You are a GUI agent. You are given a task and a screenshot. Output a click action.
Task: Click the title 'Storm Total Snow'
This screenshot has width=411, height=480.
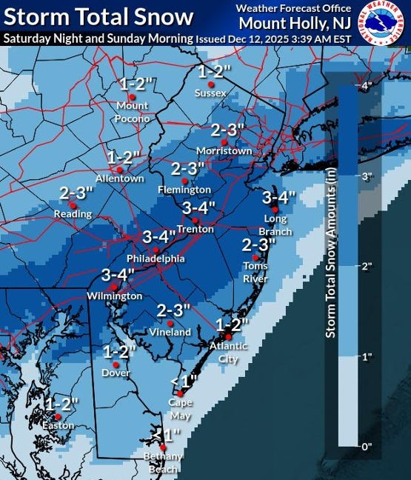coord(98,17)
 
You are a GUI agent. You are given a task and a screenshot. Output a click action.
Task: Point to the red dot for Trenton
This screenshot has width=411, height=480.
coord(195,220)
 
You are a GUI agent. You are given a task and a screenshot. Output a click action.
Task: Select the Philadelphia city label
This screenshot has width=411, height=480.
coord(156,259)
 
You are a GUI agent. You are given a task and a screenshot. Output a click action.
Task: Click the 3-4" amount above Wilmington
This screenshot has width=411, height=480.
coord(118,276)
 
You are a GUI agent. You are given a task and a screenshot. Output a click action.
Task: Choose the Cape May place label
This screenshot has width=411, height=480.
coord(180,407)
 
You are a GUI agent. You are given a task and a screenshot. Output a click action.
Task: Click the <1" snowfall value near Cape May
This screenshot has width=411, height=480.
coord(184,381)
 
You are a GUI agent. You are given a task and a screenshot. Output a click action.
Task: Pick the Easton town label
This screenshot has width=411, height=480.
coord(59,426)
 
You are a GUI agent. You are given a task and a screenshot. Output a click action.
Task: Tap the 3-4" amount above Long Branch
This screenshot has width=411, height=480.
coord(278,197)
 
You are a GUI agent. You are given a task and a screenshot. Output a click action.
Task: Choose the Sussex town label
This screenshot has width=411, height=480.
coord(210,93)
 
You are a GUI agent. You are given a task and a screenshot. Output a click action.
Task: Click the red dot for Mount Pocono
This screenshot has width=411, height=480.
coord(132,96)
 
